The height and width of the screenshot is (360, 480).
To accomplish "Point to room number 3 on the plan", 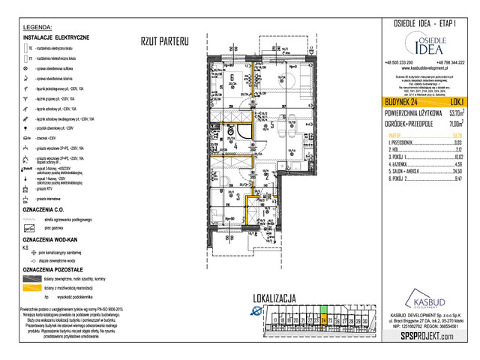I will (238, 198).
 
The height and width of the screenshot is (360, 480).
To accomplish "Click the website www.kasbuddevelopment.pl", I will (424, 67).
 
